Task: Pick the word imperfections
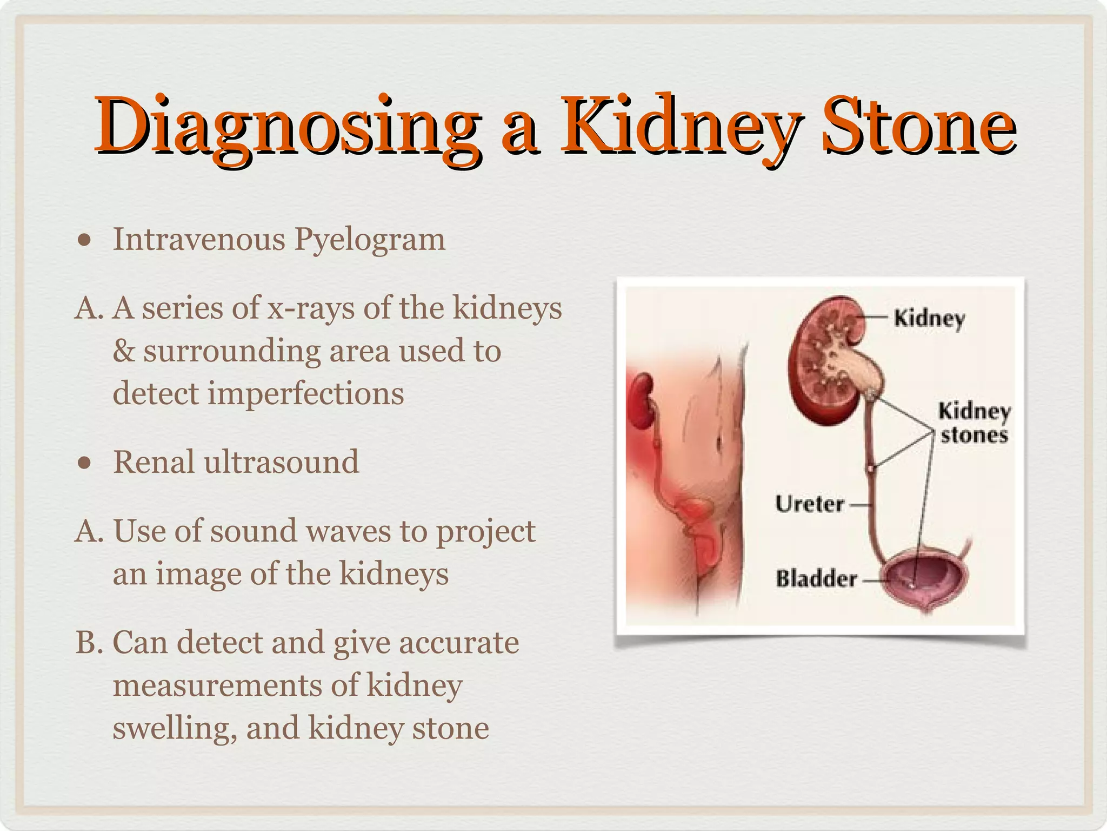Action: point(306,394)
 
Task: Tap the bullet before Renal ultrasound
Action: point(84,463)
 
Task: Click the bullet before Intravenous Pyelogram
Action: point(84,240)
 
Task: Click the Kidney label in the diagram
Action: point(929,318)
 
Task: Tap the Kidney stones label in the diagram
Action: point(974,423)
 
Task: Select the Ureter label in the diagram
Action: point(809,504)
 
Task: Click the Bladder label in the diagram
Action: point(816,578)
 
